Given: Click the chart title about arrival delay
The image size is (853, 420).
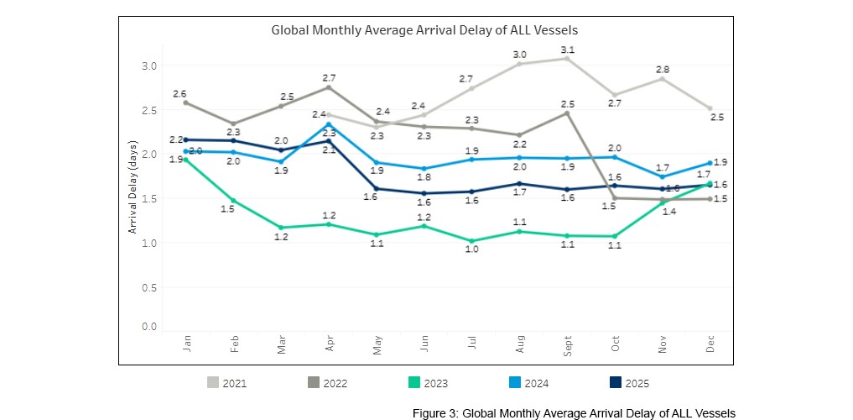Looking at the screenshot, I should (424, 29).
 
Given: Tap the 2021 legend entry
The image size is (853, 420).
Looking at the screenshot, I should (227, 383).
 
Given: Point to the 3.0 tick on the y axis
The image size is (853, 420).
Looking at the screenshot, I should (149, 66).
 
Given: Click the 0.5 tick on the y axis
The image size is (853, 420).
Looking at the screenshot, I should (149, 287).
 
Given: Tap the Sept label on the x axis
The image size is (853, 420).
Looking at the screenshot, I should (567, 346).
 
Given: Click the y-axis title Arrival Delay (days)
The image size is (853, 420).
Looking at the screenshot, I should (132, 193).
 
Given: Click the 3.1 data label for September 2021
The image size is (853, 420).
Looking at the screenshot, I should (568, 49).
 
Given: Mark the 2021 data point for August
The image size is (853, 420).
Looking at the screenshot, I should (520, 64).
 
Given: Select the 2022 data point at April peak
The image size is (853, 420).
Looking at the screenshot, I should (329, 87).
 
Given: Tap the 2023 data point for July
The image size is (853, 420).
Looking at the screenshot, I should (472, 241).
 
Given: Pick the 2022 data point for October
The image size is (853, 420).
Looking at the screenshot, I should (615, 198).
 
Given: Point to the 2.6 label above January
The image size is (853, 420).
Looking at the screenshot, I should (179, 93).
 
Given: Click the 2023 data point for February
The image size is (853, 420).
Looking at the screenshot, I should (233, 200).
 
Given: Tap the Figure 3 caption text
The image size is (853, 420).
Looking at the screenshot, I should (574, 412).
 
